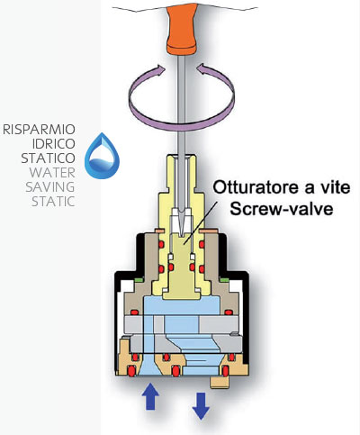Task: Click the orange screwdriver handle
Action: [x=182, y=30]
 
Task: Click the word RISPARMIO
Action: [x=39, y=130]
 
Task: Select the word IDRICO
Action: [x=54, y=144]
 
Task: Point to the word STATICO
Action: [x=48, y=159]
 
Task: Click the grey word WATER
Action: [x=52, y=173]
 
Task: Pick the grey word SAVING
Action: [x=50, y=187]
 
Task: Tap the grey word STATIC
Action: [x=53, y=202]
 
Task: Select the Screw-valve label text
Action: [x=282, y=209]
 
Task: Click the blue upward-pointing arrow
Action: [x=150, y=397]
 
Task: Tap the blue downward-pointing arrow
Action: [x=201, y=406]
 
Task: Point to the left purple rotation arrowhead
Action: [x=158, y=71]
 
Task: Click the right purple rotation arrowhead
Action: [x=204, y=70]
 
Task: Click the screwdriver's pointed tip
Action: [x=183, y=234]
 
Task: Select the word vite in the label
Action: [x=336, y=187]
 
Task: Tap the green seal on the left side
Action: [x=139, y=280]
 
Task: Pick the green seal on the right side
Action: [x=224, y=280]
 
